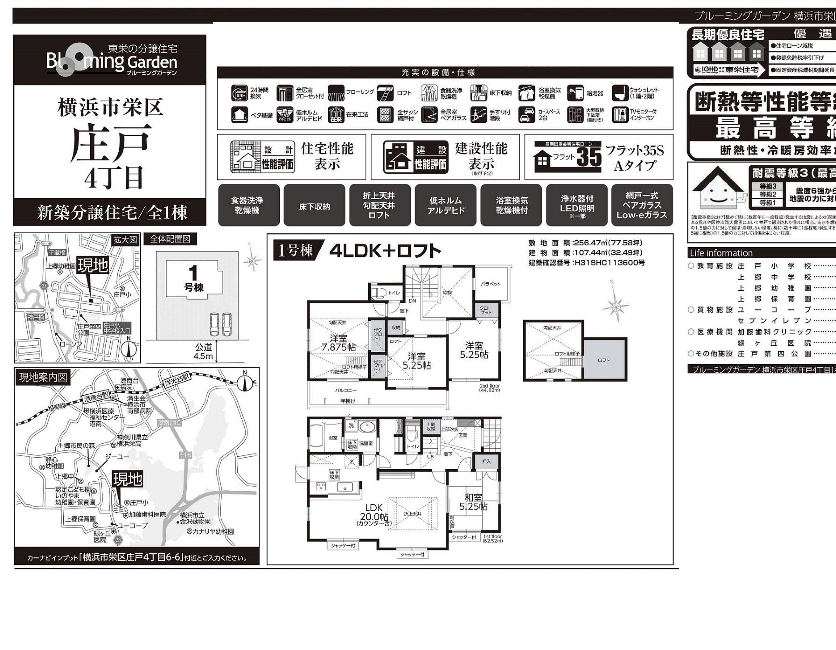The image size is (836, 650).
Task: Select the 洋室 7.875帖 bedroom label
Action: [x=339, y=342]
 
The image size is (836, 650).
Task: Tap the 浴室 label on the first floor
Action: [x=333, y=438]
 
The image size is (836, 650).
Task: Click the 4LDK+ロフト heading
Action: [x=385, y=251]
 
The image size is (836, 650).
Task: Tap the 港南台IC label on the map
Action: [x=169, y=423]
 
